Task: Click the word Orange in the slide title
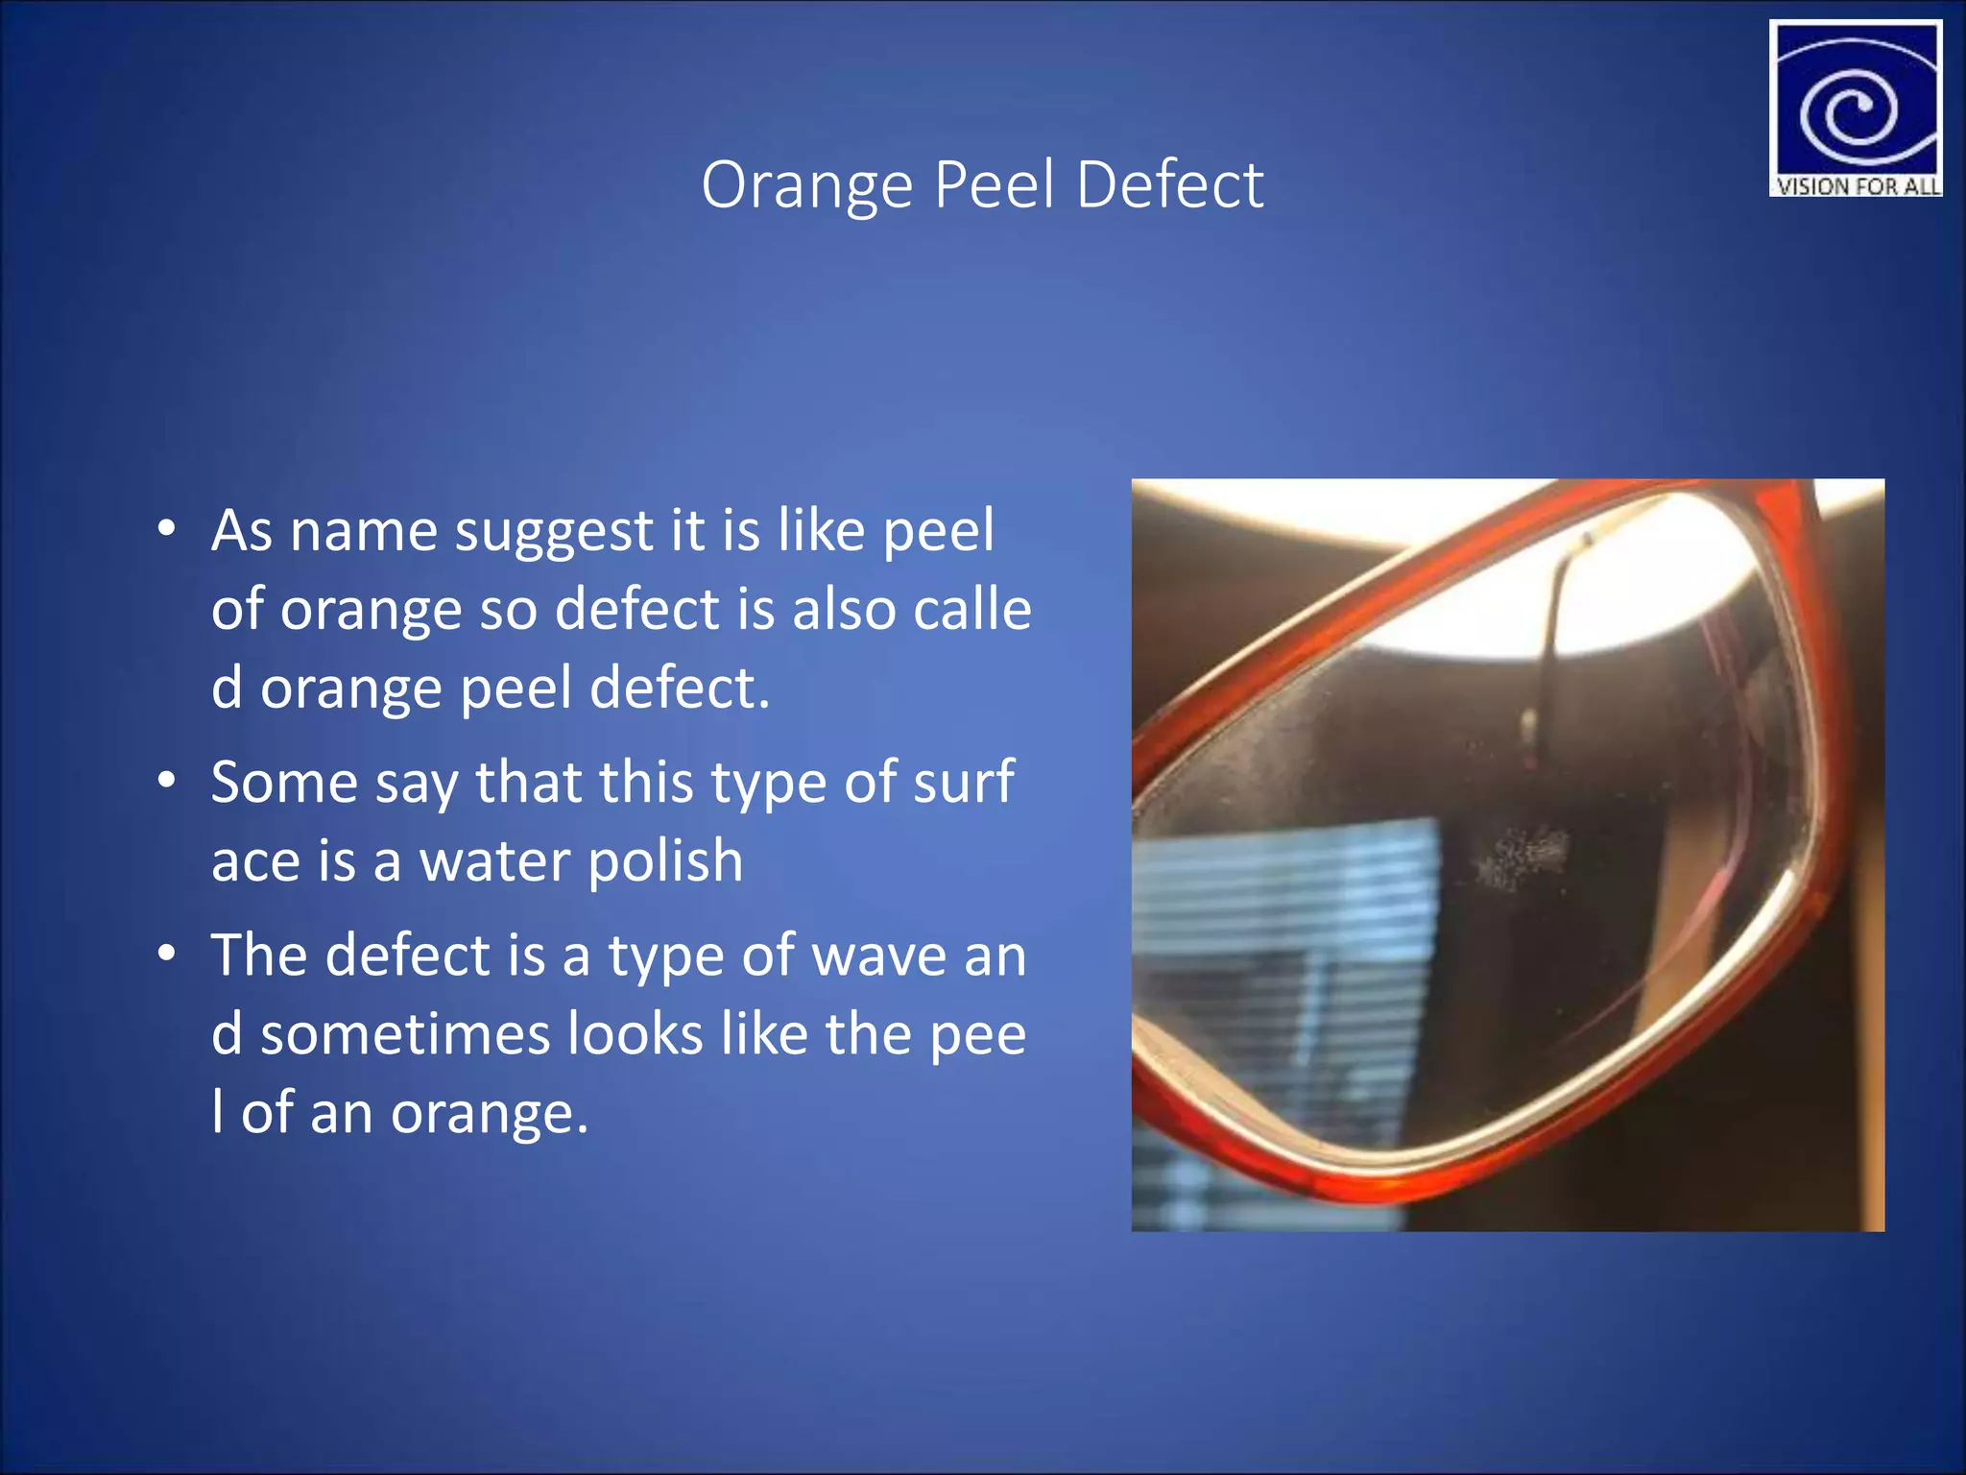pyautogui.click(x=806, y=184)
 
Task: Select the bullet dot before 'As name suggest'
pyautogui.click(x=167, y=529)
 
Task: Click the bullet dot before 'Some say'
pyautogui.click(x=167, y=781)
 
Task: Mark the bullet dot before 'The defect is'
pyautogui.click(x=167, y=955)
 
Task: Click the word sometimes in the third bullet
pyautogui.click(x=404, y=1034)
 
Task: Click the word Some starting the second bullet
pyautogui.click(x=284, y=782)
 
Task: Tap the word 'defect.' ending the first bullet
pyautogui.click(x=680, y=688)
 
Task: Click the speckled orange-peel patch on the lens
pyautogui.click(x=1522, y=855)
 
